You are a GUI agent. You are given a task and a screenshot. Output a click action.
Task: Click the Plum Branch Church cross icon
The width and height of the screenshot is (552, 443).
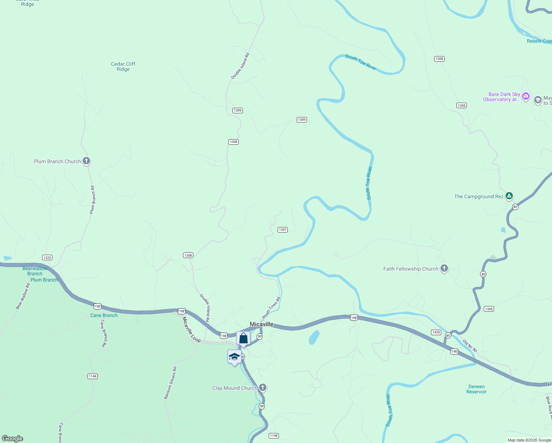pos(86,161)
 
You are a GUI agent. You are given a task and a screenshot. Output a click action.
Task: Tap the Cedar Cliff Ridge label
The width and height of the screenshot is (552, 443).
pos(123,66)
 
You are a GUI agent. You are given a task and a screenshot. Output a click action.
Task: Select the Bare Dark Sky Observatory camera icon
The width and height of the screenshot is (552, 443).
pos(526,96)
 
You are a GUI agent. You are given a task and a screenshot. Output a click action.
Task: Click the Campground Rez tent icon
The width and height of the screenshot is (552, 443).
pos(509,196)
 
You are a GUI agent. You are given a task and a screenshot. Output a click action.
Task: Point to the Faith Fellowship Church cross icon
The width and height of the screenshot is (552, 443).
pos(444,268)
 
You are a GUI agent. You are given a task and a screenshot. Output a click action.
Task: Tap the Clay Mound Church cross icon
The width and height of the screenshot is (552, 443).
pos(263,388)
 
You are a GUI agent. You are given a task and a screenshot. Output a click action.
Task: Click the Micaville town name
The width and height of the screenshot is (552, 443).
pos(262,324)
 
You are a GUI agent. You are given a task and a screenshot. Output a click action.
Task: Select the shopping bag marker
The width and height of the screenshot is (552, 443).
pos(244,338)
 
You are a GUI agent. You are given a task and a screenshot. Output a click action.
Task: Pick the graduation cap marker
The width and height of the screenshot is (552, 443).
pos(234,357)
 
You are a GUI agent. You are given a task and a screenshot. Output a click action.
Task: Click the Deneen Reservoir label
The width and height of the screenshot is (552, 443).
pos(476,389)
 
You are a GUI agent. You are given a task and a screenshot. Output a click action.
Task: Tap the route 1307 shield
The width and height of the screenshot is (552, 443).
pos(283,230)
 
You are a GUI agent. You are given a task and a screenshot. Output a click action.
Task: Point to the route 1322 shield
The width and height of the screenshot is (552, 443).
pos(47,258)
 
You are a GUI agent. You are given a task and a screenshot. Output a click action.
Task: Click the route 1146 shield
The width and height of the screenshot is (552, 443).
pos(93,376)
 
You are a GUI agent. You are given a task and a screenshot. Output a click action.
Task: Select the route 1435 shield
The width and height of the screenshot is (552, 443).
pos(436,332)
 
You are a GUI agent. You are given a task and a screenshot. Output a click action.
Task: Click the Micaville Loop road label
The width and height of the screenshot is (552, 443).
pos(191,330)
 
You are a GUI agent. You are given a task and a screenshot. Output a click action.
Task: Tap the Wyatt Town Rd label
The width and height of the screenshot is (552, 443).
pos(271,308)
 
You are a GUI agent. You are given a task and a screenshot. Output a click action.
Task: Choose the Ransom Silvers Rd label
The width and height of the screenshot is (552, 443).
pos(170,383)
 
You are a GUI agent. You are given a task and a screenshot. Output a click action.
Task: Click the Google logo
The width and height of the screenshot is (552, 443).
pos(13,439)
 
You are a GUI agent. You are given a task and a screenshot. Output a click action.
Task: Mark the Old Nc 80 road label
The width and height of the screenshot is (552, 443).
pos(470,346)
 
